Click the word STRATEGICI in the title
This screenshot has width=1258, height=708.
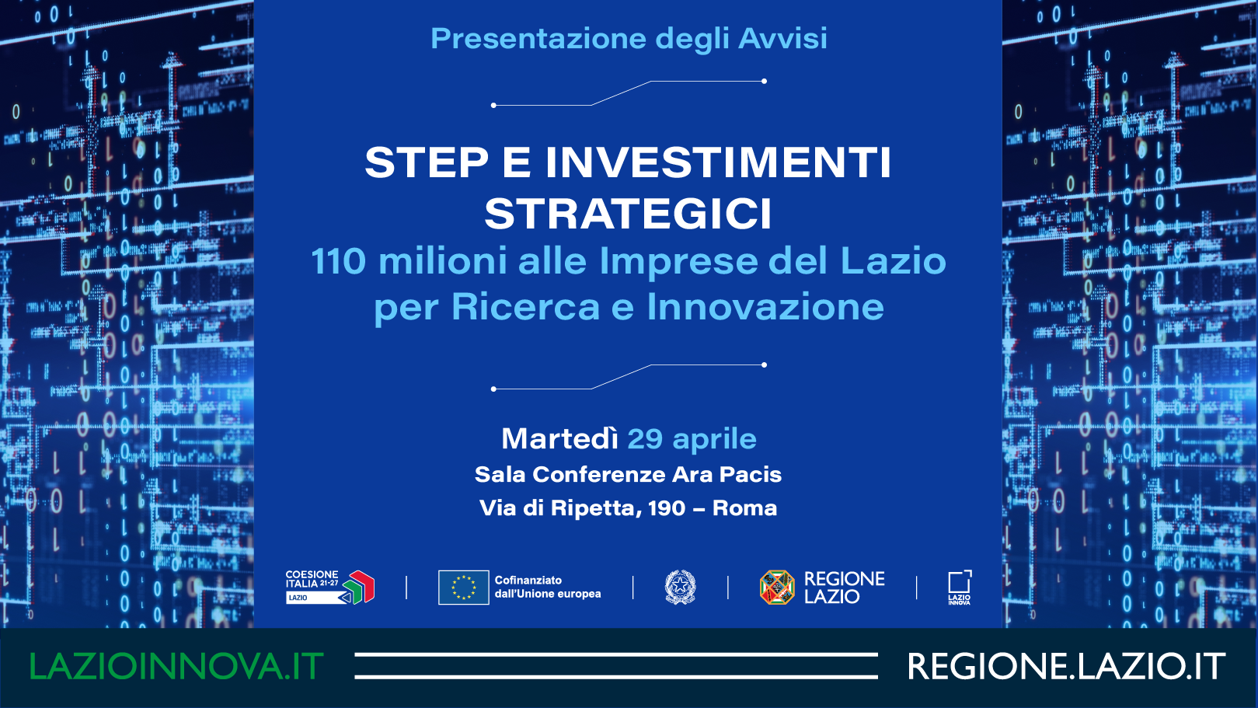(628, 214)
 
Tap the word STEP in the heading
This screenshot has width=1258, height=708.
(427, 162)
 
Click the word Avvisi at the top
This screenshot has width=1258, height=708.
(782, 38)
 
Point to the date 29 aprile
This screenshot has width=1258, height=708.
(692, 439)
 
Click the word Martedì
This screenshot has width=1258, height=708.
(559, 438)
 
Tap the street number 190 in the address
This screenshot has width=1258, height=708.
(667, 508)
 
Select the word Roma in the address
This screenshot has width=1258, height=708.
(744, 508)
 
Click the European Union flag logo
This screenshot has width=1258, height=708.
(463, 588)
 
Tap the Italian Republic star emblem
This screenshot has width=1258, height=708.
(680, 588)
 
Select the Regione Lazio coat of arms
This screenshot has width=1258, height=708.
(777, 588)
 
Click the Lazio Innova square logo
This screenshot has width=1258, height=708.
(960, 588)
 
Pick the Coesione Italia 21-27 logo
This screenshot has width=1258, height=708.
(329, 588)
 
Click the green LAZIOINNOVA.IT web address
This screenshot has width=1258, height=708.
(176, 666)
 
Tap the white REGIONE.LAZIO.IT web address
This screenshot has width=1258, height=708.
(1066, 666)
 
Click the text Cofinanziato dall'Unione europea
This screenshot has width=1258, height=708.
(548, 588)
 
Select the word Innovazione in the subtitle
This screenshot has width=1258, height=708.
(765, 307)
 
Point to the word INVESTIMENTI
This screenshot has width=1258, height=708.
(718, 162)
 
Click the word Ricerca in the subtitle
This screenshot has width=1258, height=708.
(526, 307)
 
